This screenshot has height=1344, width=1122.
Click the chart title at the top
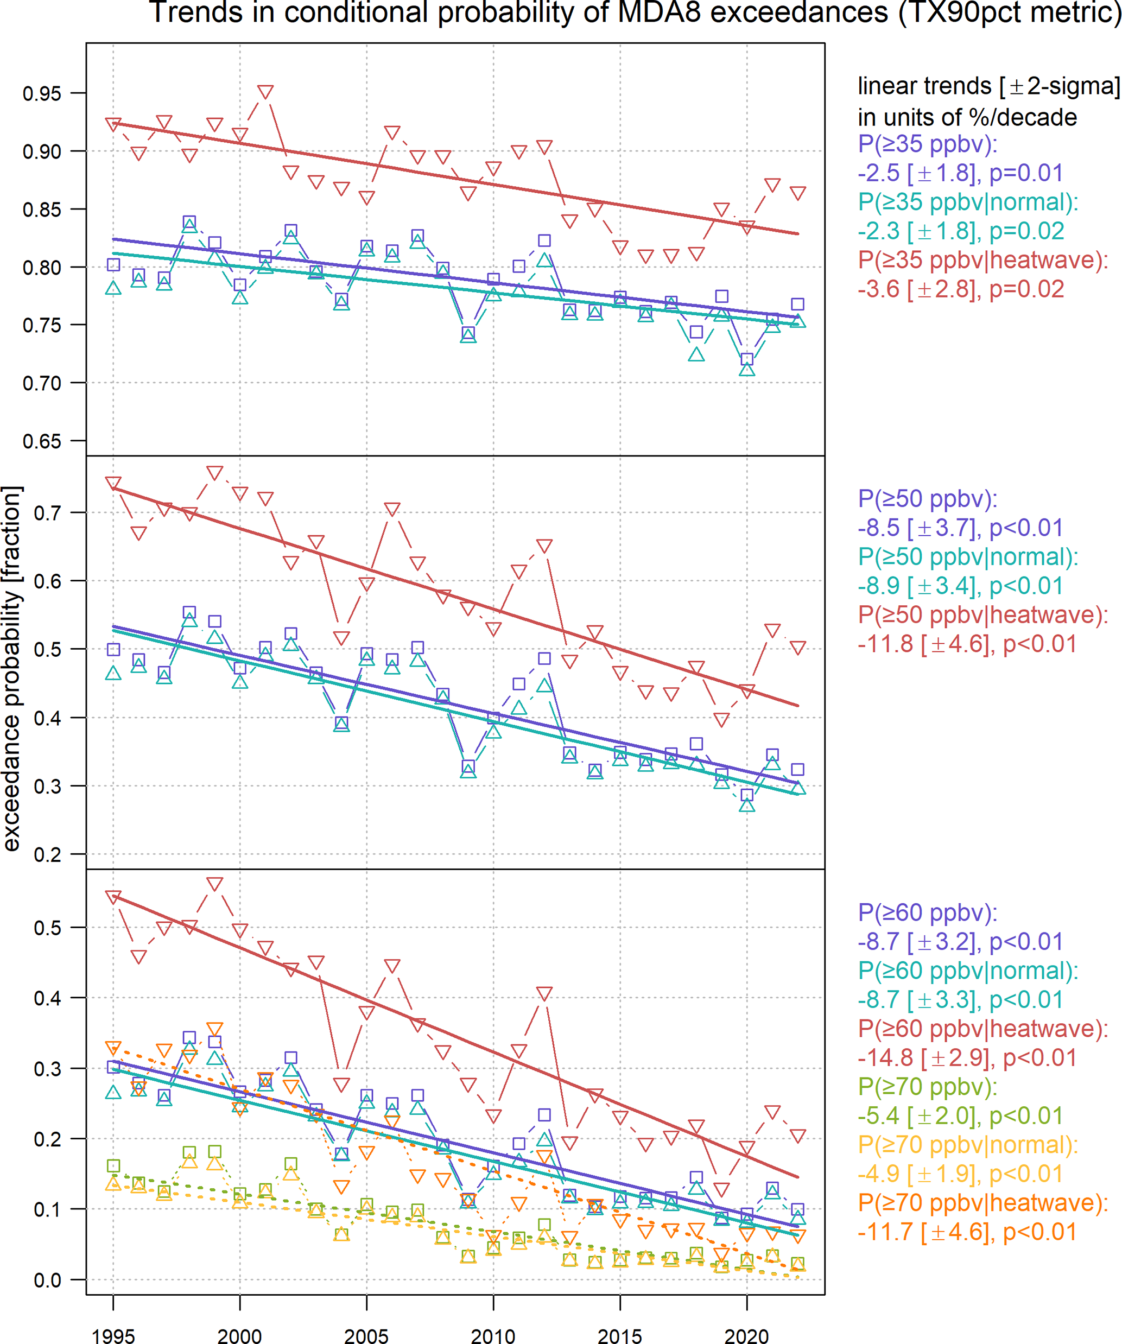pos(633,13)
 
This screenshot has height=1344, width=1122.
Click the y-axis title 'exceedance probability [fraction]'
pos(13,668)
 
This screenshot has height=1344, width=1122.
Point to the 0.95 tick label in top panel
pos(42,93)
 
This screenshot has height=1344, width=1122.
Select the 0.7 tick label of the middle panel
pos(47,512)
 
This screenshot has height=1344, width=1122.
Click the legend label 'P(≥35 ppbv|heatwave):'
pos(982,260)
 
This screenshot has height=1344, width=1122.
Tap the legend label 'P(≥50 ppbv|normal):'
pos(968,557)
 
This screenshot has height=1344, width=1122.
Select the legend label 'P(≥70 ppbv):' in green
pos(927,1086)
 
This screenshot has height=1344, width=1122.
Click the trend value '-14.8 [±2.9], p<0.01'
pos(966,1057)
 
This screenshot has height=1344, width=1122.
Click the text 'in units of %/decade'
pos(966,117)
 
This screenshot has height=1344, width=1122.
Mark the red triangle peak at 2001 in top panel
pos(265,92)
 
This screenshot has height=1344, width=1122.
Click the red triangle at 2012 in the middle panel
pos(544,546)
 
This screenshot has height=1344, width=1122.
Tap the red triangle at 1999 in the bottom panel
pos(214,884)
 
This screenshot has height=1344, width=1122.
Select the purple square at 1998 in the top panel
pos(189,223)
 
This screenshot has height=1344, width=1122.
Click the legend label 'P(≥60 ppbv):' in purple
pos(927,912)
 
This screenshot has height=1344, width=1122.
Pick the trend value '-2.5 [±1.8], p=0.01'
pos(960,173)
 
